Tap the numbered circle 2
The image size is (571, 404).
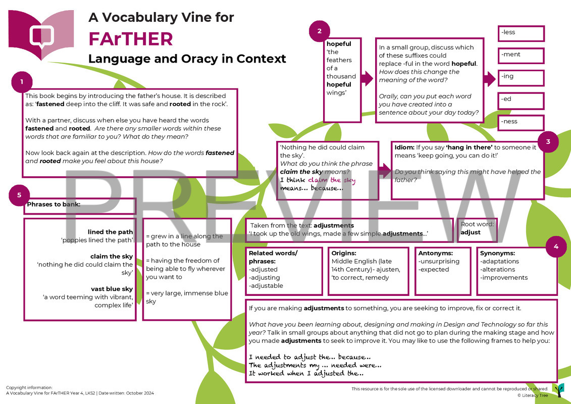(320, 31)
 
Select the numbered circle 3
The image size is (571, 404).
(548, 142)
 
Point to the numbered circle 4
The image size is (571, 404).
(556, 247)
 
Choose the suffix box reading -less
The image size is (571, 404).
(521, 33)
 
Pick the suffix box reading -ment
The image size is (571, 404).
(521, 56)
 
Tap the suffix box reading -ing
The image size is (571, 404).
(521, 78)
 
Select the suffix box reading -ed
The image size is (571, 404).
(521, 100)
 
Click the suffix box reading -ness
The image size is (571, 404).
(521, 122)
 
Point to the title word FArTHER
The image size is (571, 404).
(131, 39)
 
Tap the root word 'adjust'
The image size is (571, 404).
(471, 233)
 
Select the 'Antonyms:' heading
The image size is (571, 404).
(436, 253)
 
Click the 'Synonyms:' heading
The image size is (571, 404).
(497, 253)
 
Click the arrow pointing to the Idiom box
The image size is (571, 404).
(384, 171)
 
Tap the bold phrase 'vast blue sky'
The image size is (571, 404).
(112, 289)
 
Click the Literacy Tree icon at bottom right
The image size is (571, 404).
(558, 390)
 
